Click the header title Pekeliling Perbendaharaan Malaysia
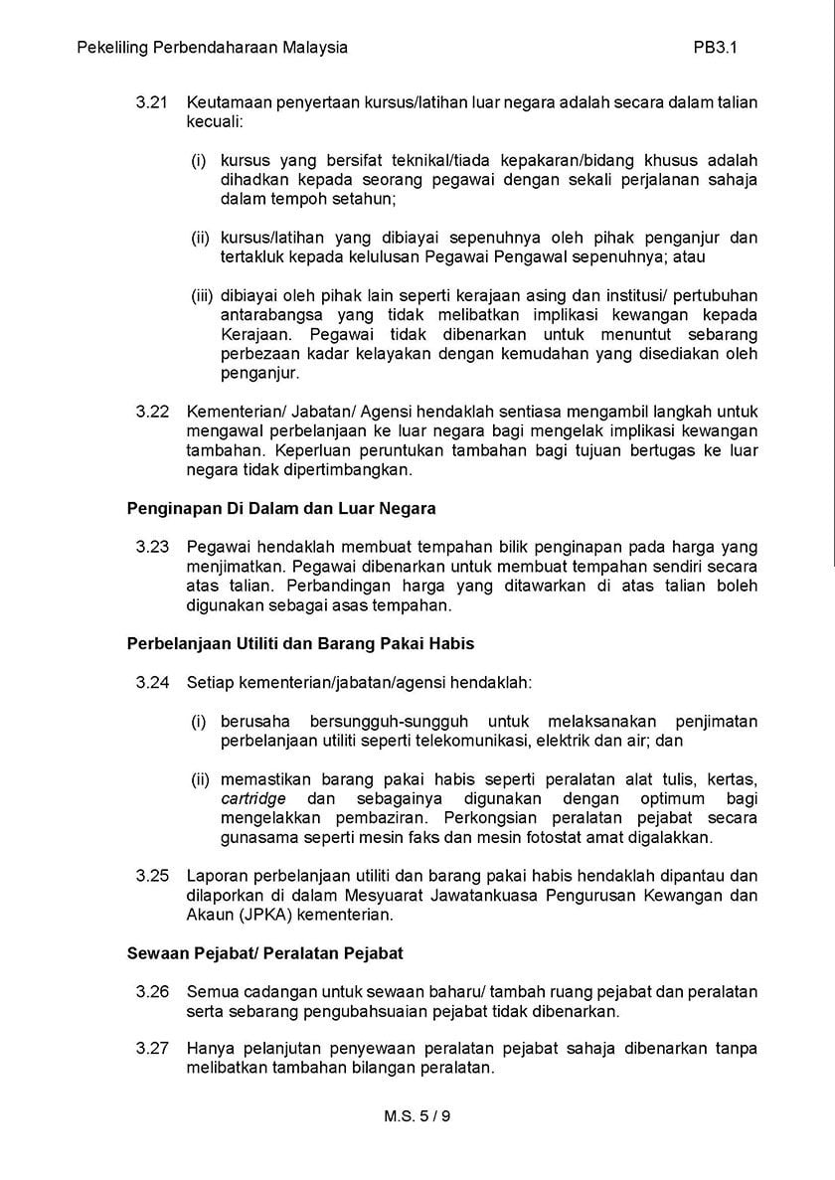[x=213, y=47]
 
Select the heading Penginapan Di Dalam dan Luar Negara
[x=281, y=508]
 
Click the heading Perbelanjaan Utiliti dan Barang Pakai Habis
[x=300, y=643]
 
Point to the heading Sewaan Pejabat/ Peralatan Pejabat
[x=265, y=953]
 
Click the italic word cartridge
[x=253, y=799]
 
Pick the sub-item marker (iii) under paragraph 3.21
[x=203, y=295]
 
